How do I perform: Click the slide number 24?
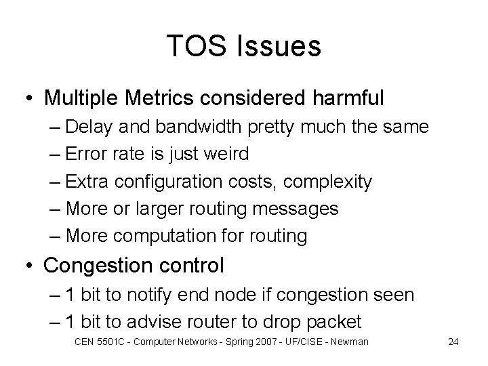[453, 342]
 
